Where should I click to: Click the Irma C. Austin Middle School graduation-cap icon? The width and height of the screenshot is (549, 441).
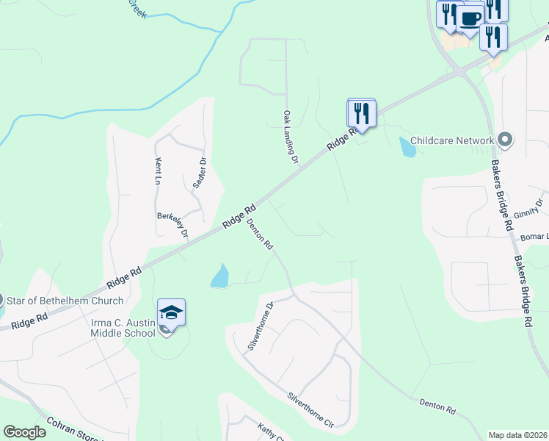click(170, 313)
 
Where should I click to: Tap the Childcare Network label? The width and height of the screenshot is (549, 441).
click(451, 140)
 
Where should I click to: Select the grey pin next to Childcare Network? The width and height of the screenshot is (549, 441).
click(504, 139)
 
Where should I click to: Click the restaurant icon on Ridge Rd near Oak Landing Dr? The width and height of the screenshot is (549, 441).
click(361, 113)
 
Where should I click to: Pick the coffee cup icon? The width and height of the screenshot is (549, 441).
click(470, 18)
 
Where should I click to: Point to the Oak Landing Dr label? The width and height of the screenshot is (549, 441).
click(291, 137)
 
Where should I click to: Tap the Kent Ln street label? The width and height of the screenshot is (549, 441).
click(158, 170)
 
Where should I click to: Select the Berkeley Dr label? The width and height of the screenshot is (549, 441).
click(173, 224)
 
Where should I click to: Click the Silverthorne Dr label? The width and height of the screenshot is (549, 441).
click(260, 326)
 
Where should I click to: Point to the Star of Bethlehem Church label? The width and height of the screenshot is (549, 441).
click(65, 300)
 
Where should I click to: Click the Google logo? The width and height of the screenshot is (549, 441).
click(24, 432)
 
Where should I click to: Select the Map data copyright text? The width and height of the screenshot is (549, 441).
click(517, 434)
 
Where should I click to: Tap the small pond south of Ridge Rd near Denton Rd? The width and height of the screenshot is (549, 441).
click(219, 276)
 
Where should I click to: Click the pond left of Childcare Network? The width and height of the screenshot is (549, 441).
click(407, 147)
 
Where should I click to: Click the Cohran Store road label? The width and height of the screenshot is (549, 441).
click(73, 430)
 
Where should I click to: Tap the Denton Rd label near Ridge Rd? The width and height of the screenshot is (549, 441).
click(260, 234)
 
